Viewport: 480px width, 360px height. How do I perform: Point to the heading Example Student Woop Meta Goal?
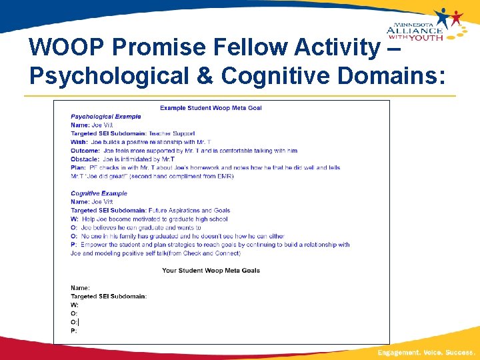tap(211, 108)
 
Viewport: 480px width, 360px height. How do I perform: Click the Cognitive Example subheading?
tap(99, 193)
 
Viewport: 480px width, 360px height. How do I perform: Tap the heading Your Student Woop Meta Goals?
tap(211, 270)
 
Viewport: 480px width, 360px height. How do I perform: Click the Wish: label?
tap(79, 142)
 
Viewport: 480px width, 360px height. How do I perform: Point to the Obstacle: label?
tap(85, 159)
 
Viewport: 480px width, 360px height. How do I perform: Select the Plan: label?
tap(78, 167)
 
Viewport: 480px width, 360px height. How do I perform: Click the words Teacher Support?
tap(171, 133)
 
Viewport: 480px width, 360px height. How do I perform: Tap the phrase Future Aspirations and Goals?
tap(189, 210)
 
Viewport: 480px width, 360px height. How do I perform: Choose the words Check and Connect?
tap(211, 253)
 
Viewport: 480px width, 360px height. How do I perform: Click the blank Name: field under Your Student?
tap(81, 287)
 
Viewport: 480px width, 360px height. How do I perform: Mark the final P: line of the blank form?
tap(74, 330)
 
